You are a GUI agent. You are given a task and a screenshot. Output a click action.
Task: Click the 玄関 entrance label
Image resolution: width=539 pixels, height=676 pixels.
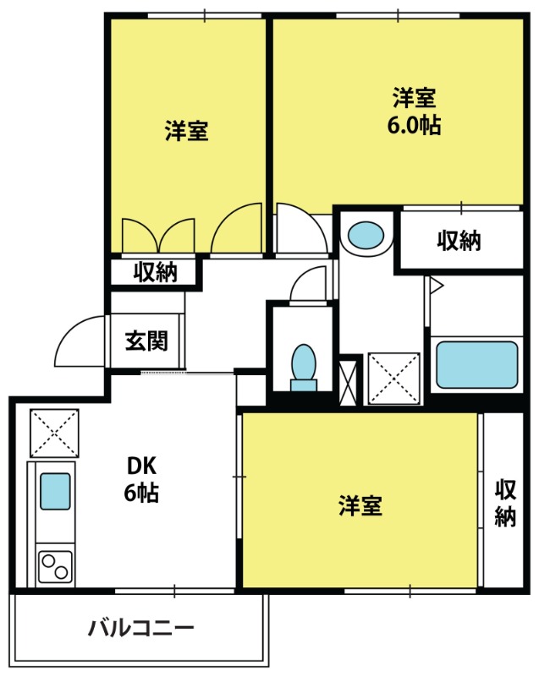(x=146, y=341)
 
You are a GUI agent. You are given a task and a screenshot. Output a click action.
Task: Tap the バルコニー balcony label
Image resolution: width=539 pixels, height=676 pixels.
(x=141, y=628)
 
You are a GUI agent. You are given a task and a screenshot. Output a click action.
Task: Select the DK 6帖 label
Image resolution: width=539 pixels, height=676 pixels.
(x=141, y=479)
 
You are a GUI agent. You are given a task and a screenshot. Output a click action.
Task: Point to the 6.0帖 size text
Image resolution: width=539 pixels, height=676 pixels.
(x=414, y=125)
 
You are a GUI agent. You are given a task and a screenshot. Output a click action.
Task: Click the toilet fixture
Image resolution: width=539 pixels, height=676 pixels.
(x=304, y=368)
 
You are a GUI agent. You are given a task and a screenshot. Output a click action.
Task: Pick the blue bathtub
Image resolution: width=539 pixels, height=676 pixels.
(x=477, y=365)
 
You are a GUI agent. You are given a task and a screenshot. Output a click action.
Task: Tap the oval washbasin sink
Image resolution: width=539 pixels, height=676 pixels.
(x=366, y=236)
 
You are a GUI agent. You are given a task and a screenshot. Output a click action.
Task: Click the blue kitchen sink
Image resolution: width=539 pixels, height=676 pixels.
(x=55, y=491)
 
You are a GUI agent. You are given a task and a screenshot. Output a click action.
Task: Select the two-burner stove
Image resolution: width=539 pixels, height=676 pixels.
(x=55, y=566)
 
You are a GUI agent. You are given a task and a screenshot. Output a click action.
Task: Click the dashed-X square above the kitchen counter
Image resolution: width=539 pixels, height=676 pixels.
(x=54, y=433)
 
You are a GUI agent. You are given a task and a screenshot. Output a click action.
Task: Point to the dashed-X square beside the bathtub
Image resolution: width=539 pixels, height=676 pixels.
(x=394, y=379)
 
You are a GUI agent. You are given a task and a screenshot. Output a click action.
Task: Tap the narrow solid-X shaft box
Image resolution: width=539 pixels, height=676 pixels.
(x=349, y=382)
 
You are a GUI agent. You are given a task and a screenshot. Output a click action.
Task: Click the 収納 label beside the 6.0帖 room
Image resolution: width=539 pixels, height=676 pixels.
(x=459, y=240)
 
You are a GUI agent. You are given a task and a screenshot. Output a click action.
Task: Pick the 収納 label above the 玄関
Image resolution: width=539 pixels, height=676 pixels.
(x=155, y=271)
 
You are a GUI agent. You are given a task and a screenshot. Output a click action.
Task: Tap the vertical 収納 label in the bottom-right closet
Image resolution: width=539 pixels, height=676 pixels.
(x=505, y=503)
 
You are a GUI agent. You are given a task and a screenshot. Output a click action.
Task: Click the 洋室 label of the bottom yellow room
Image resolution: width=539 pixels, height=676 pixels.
(x=360, y=505)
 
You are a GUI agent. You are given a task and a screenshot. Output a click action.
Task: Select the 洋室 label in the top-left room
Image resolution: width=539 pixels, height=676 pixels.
(x=186, y=131)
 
